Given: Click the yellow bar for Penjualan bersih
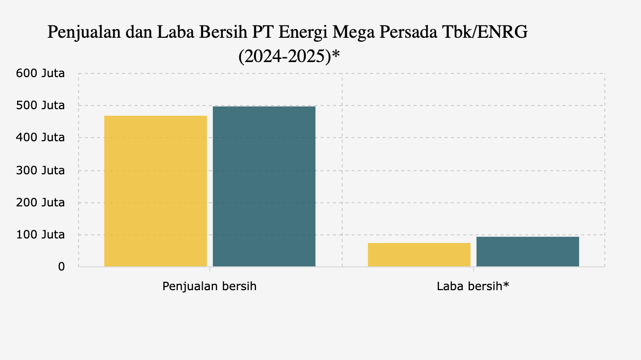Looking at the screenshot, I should click(x=156, y=191).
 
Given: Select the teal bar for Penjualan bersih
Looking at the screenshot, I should click(x=264, y=186).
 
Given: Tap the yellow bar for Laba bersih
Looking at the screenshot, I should click(x=419, y=254).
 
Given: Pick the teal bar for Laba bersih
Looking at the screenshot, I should click(x=528, y=251).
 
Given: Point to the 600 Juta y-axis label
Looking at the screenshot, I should click(x=41, y=73).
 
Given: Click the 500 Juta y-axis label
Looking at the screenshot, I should click(x=41, y=106).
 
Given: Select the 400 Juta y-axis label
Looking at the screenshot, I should click(x=41, y=138).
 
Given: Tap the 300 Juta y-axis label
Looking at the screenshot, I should click(x=41, y=170).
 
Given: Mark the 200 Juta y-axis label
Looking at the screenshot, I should click(x=41, y=202).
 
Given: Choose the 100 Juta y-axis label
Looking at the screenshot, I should click(x=41, y=235).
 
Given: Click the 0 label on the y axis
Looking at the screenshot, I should click(x=61, y=267).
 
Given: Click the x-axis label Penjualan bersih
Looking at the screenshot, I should click(x=209, y=286).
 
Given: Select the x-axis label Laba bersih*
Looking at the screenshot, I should click(x=473, y=286).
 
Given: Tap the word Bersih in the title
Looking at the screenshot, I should click(x=224, y=33).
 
